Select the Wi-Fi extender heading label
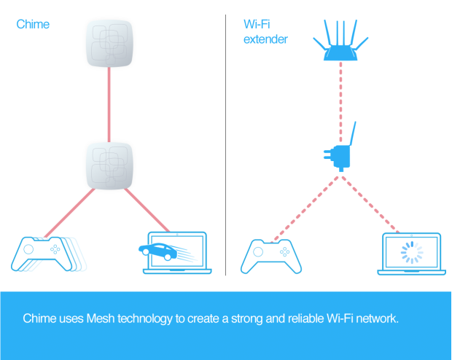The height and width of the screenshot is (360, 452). coord(265,31)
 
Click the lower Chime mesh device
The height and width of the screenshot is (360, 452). coord(109,165)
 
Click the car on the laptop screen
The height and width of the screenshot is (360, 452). coord(157,252)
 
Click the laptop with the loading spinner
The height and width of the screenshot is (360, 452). coord(412,254)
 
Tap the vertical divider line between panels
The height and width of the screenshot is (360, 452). coord(225,146)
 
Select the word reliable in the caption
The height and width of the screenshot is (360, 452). coord(288,319)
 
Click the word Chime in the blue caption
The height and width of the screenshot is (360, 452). coord(39,319)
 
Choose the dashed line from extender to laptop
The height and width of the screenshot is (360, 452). coord(375,203)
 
